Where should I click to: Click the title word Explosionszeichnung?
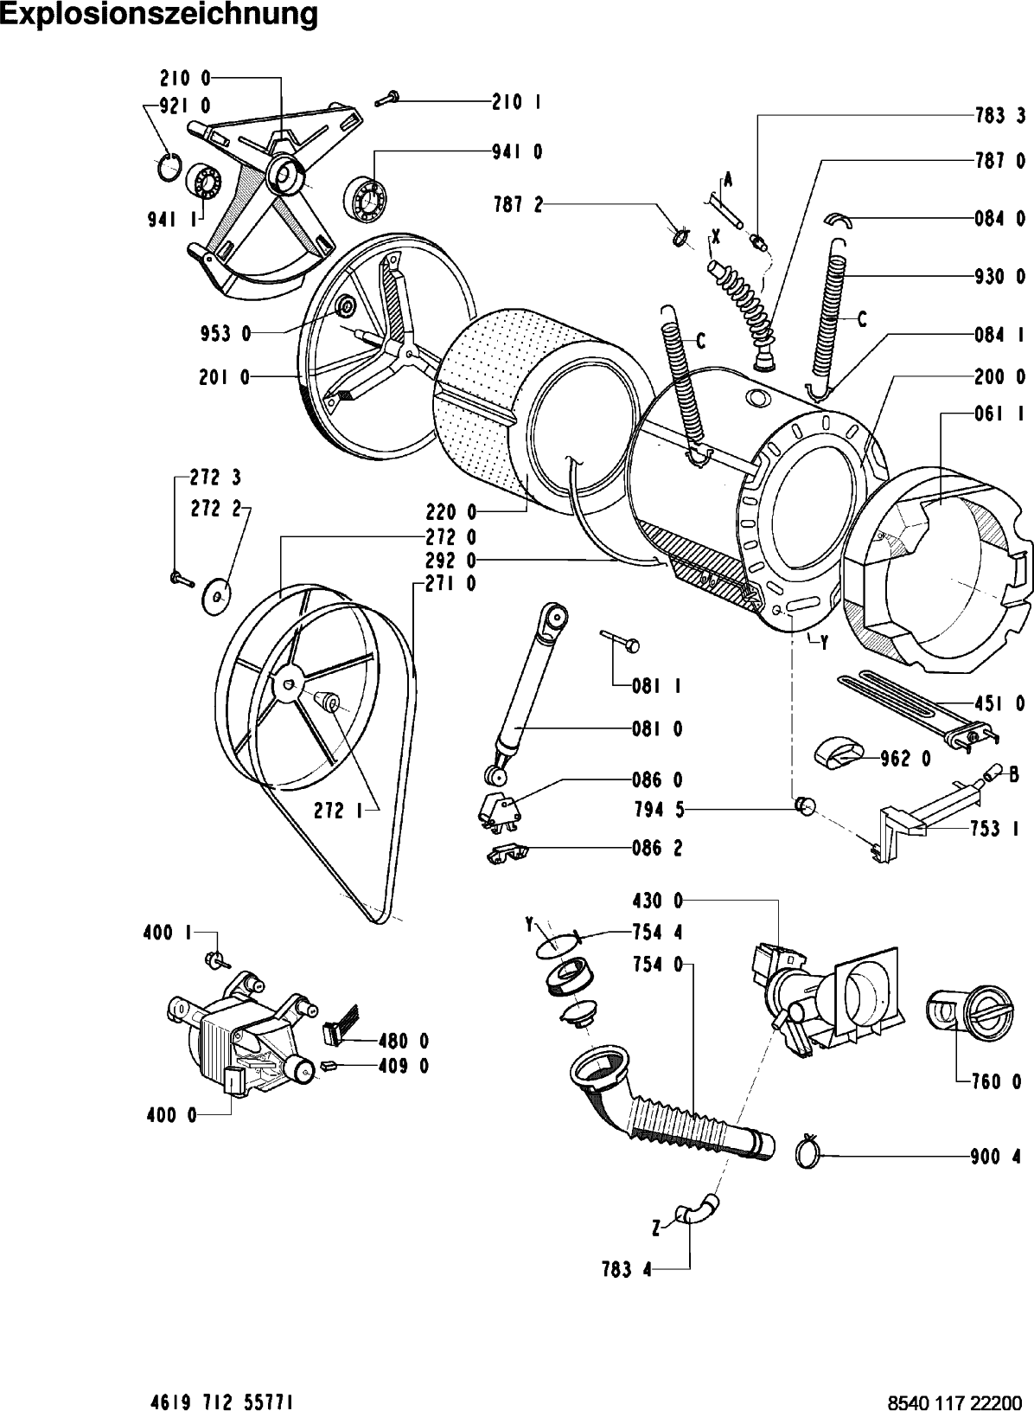coord(159,15)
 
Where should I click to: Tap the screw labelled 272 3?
coord(180,578)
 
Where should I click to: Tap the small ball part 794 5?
coord(805,806)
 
